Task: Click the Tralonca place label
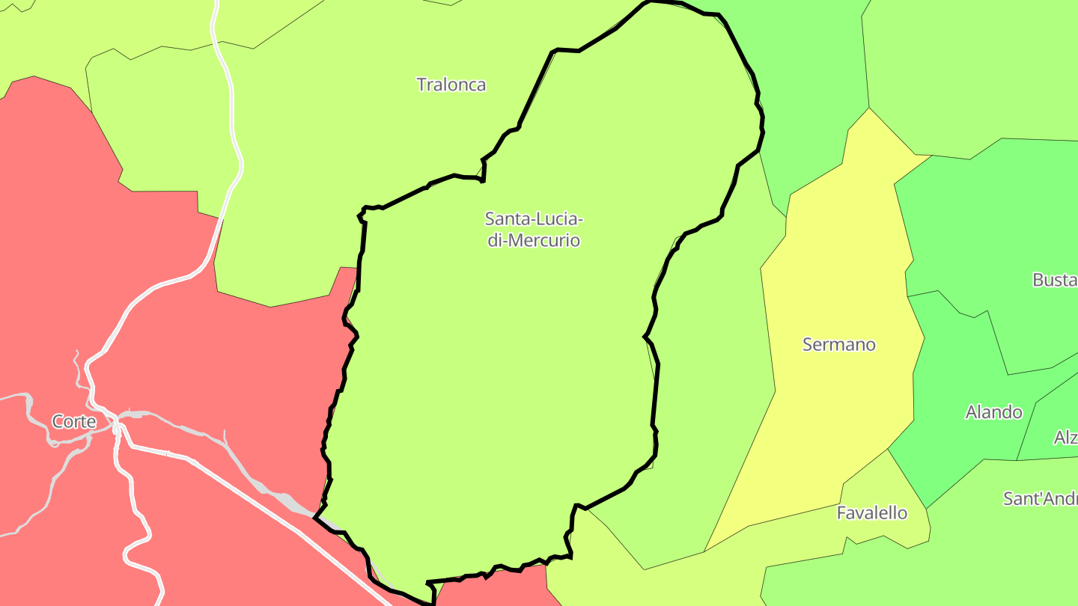pyautogui.click(x=451, y=85)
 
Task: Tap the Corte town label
pyautogui.click(x=74, y=421)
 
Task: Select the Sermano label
pyautogui.click(x=838, y=344)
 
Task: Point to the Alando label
pyautogui.click(x=993, y=412)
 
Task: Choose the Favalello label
pyautogui.click(x=871, y=513)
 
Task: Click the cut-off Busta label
pyautogui.click(x=1054, y=280)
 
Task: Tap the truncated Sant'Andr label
pyautogui.click(x=1040, y=499)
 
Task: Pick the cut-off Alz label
pyautogui.click(x=1065, y=438)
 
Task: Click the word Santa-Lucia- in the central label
pyautogui.click(x=533, y=219)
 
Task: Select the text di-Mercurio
pyautogui.click(x=533, y=241)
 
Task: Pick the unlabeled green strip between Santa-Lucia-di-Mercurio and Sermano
pyautogui.click(x=711, y=374)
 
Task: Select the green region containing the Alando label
pyautogui.click(x=966, y=449)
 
